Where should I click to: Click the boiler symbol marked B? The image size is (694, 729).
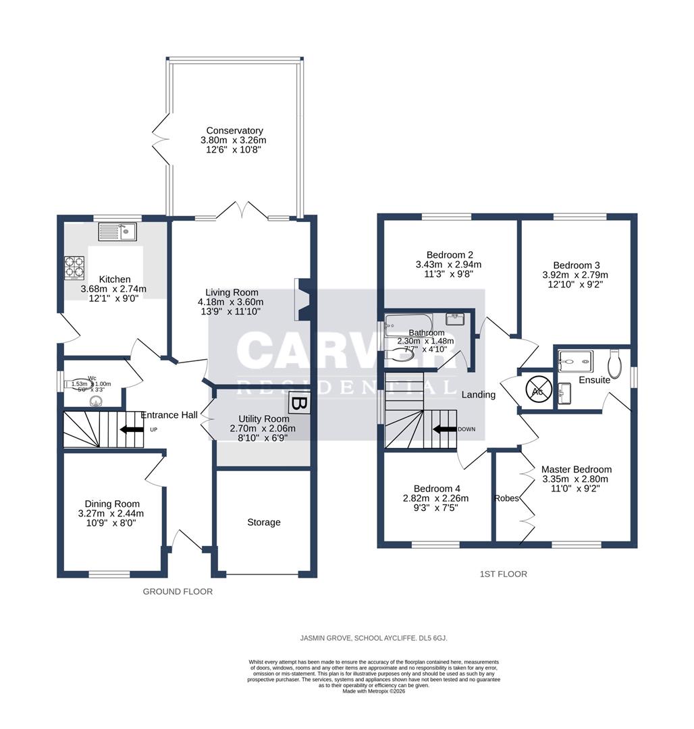click(299, 404)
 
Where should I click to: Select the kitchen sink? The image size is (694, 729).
click(117, 232)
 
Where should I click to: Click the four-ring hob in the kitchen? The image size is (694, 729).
click(74, 267)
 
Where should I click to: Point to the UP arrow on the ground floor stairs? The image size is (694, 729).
click(131, 429)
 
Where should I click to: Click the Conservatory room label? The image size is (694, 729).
click(234, 130)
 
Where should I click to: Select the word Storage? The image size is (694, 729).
click(263, 522)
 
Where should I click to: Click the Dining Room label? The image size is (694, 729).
click(112, 504)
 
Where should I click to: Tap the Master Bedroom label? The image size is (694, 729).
click(576, 469)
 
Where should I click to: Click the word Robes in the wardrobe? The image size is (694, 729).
click(507, 499)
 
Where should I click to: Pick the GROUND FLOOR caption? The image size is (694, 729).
click(178, 591)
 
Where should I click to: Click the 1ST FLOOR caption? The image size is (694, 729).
click(503, 574)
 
